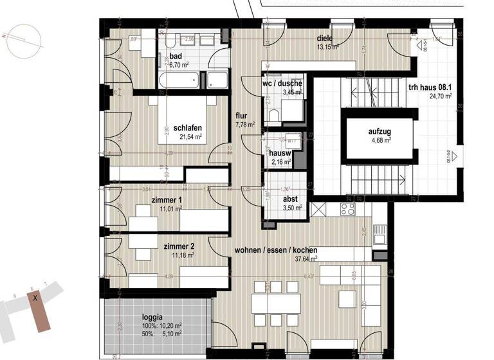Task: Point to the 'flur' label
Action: tap(242, 116)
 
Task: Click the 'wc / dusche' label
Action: tap(282, 84)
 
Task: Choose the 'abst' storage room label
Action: tap(291, 199)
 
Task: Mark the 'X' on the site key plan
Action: tap(37, 298)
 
